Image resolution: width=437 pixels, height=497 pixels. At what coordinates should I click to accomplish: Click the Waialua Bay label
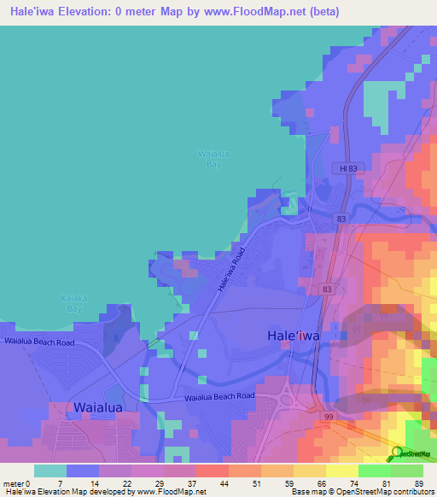(214, 158)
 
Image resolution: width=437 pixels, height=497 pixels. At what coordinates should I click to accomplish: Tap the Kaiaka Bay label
(74, 302)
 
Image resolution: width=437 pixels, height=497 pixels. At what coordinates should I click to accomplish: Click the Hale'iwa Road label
(230, 270)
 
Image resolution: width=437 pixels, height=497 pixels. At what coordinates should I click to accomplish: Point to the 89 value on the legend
(418, 483)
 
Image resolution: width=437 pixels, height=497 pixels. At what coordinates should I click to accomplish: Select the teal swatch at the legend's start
(50, 471)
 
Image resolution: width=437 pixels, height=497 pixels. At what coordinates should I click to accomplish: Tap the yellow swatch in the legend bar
(341, 471)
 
